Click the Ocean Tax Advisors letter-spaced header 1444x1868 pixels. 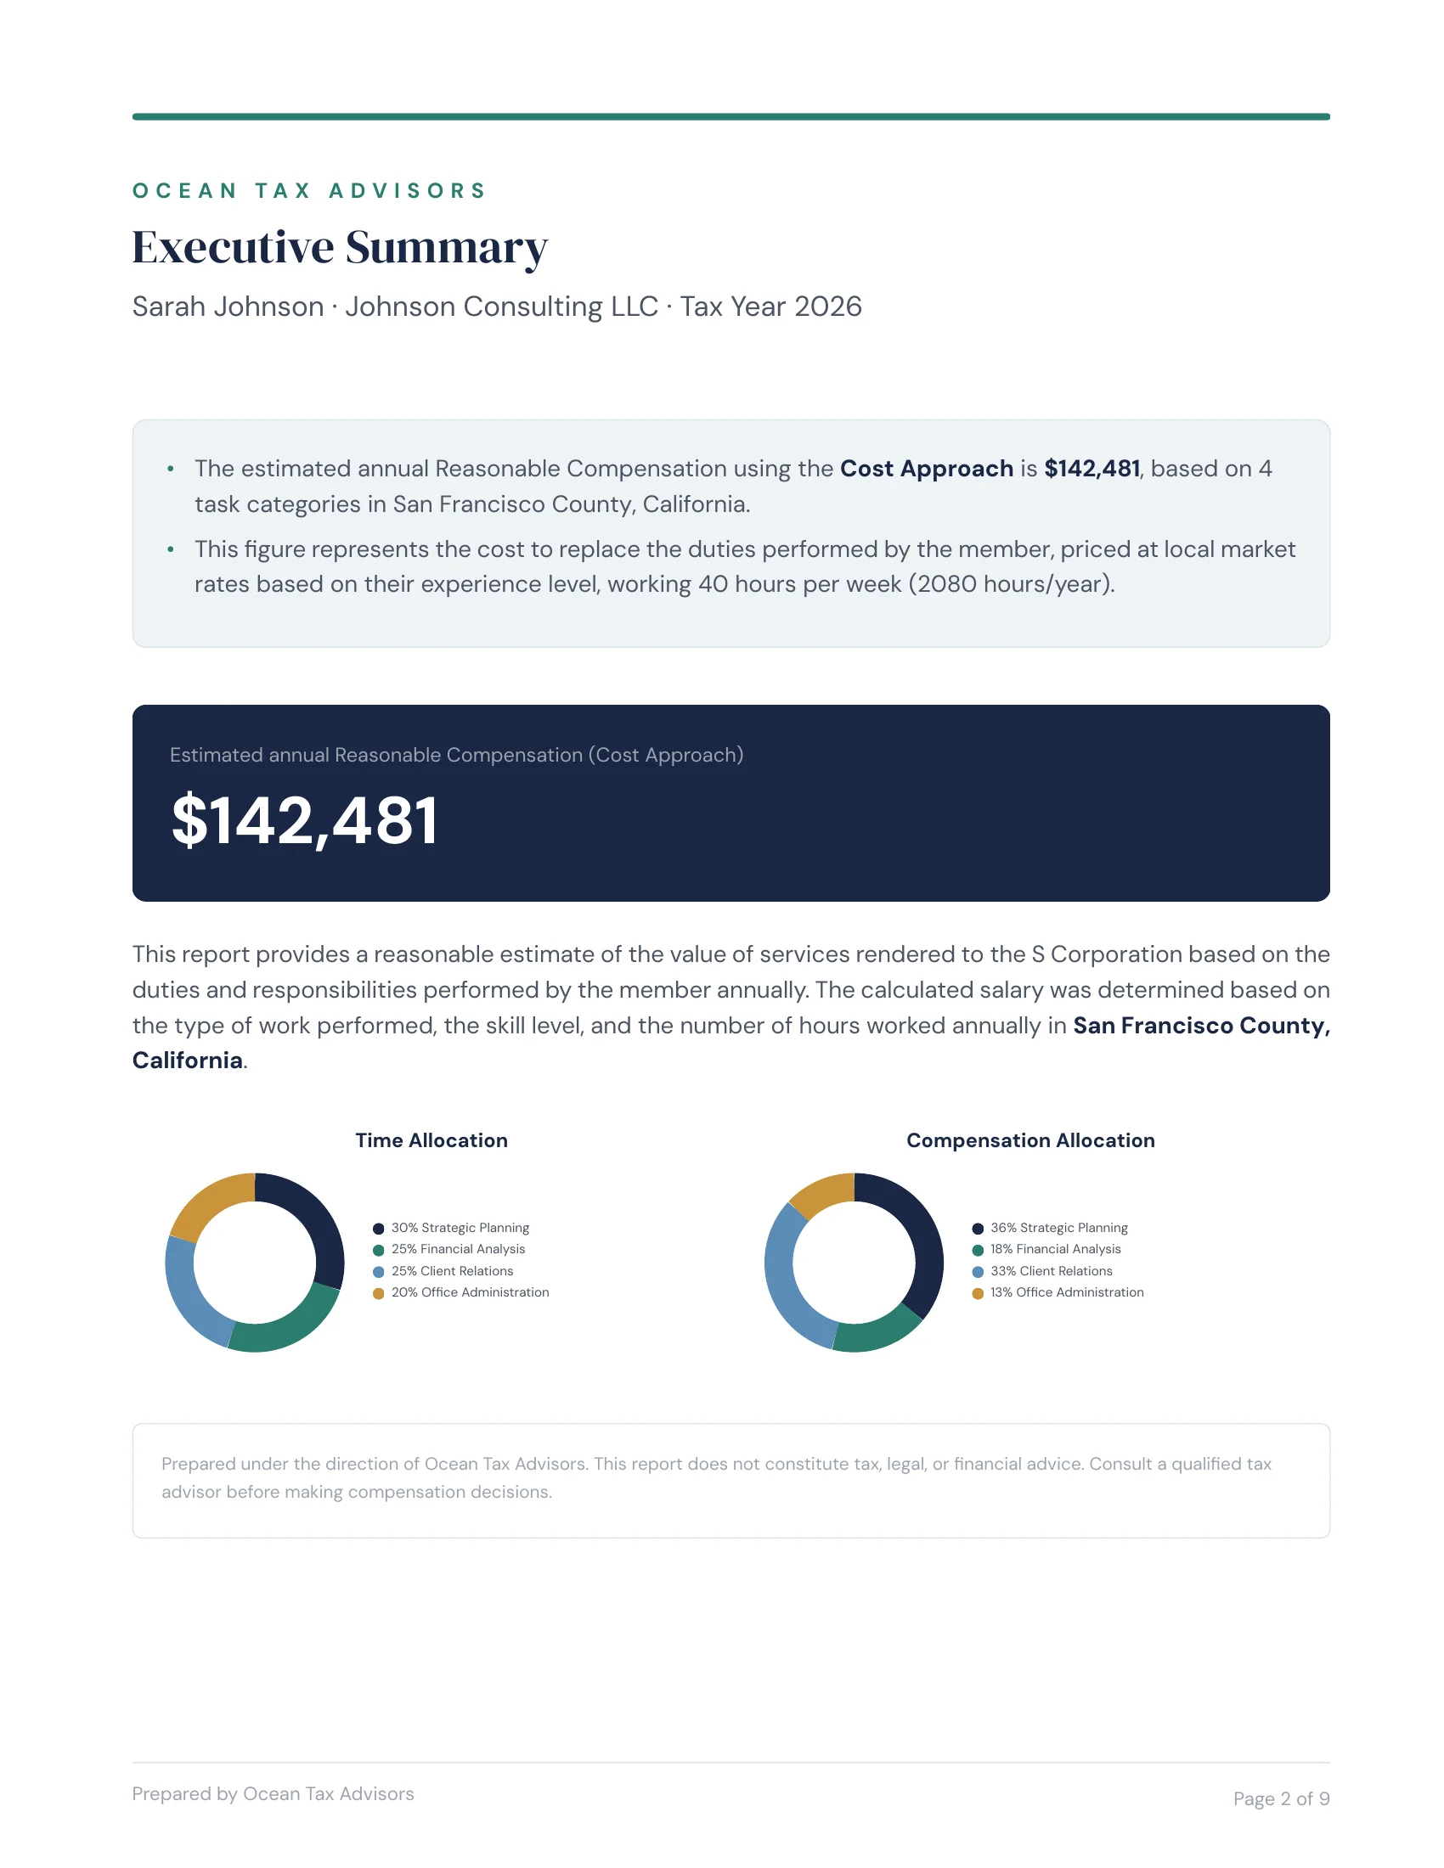tap(309, 190)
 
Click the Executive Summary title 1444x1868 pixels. tap(340, 247)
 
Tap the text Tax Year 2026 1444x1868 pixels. tap(770, 307)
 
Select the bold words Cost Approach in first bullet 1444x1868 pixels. tap(926, 469)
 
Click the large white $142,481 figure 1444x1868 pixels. tap(305, 820)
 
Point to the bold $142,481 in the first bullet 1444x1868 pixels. tap(1091, 469)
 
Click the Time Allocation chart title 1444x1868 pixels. tap(432, 1140)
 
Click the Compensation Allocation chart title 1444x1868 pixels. tap(1030, 1140)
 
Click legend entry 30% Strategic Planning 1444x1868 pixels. tap(460, 1228)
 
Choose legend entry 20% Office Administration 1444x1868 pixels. tap(469, 1292)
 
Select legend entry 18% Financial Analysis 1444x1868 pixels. tap(1055, 1249)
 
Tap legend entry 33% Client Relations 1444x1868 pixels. tap(1051, 1271)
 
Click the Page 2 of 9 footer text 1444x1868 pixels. tap(1281, 1798)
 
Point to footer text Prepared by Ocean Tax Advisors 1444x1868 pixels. tap(273, 1793)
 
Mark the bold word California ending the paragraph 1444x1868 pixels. tap(188, 1061)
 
